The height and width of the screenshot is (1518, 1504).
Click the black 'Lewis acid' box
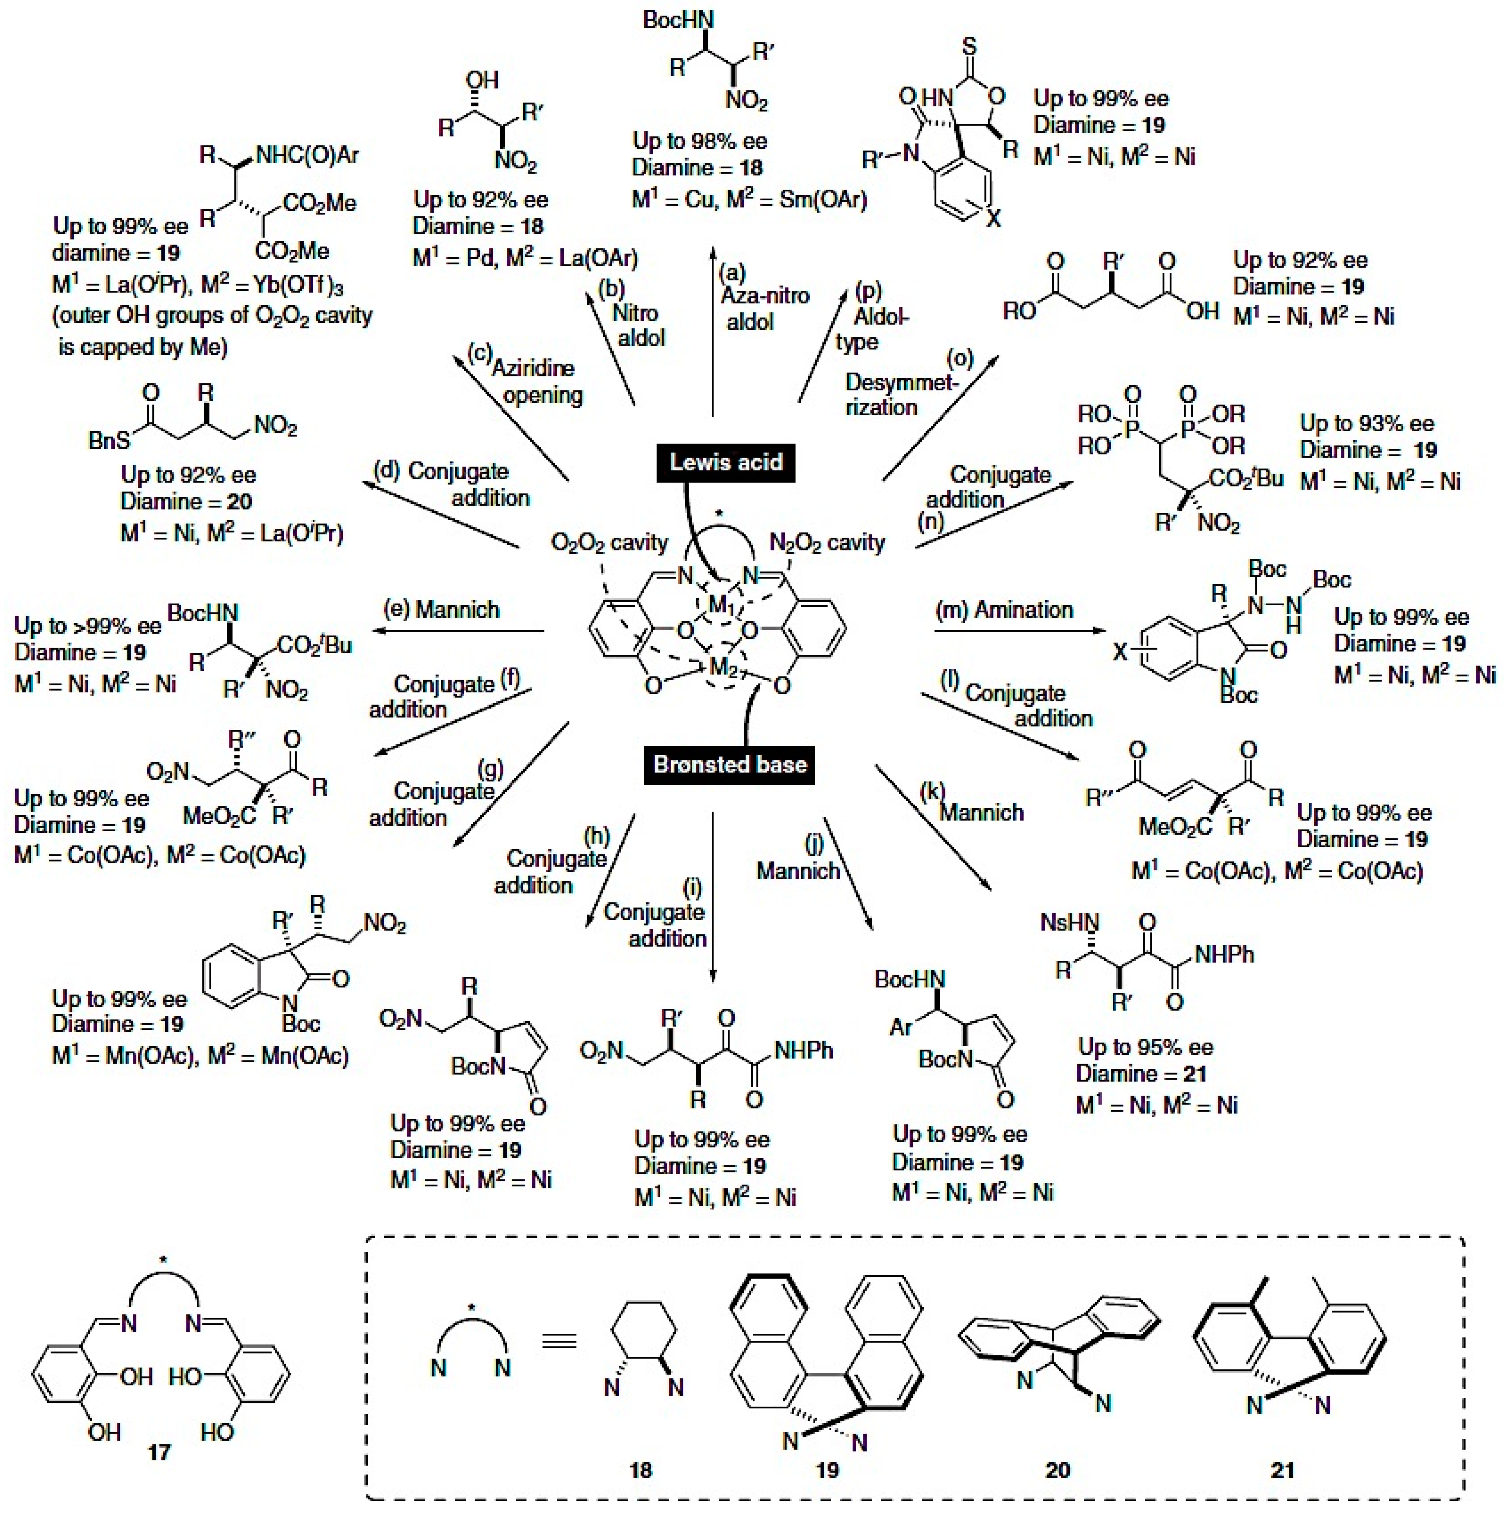(x=726, y=462)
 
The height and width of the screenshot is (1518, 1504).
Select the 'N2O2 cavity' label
(x=827, y=542)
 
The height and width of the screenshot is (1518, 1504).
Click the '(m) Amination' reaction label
(x=1005, y=610)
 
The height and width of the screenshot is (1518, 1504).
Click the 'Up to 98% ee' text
(x=700, y=141)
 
